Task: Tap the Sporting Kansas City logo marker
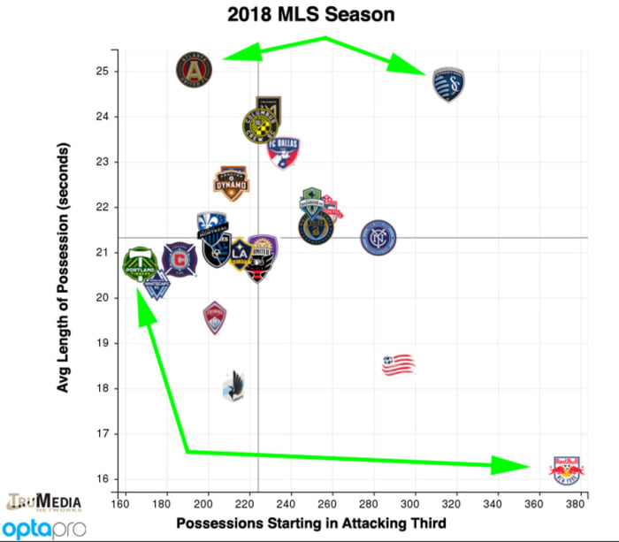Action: pyautogui.click(x=449, y=85)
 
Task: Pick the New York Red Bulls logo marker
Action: pyautogui.click(x=566, y=469)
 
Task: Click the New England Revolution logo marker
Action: pyautogui.click(x=398, y=364)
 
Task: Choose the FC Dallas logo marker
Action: pyautogui.click(x=283, y=153)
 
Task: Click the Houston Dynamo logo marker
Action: pyautogui.click(x=232, y=179)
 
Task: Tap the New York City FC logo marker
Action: pyautogui.click(x=378, y=237)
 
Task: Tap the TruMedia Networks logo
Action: pyautogui.click(x=44, y=502)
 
